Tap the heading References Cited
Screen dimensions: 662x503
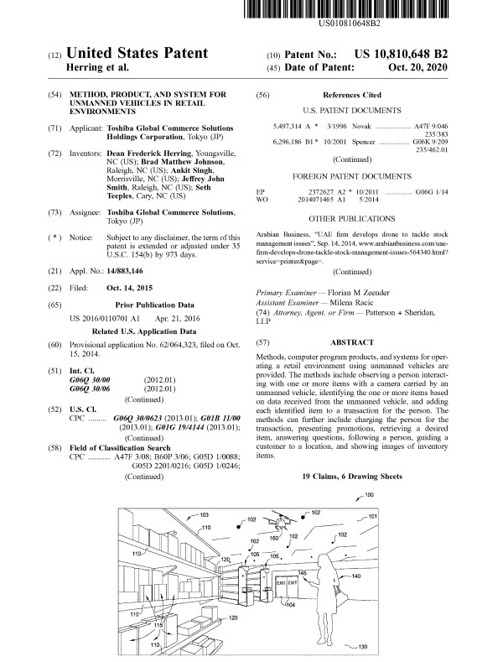(351, 96)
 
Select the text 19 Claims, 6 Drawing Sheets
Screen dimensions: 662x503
(351, 476)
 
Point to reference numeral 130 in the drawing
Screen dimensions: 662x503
(362, 647)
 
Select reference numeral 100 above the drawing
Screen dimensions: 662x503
(370, 495)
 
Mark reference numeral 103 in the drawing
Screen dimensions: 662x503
(204, 513)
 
